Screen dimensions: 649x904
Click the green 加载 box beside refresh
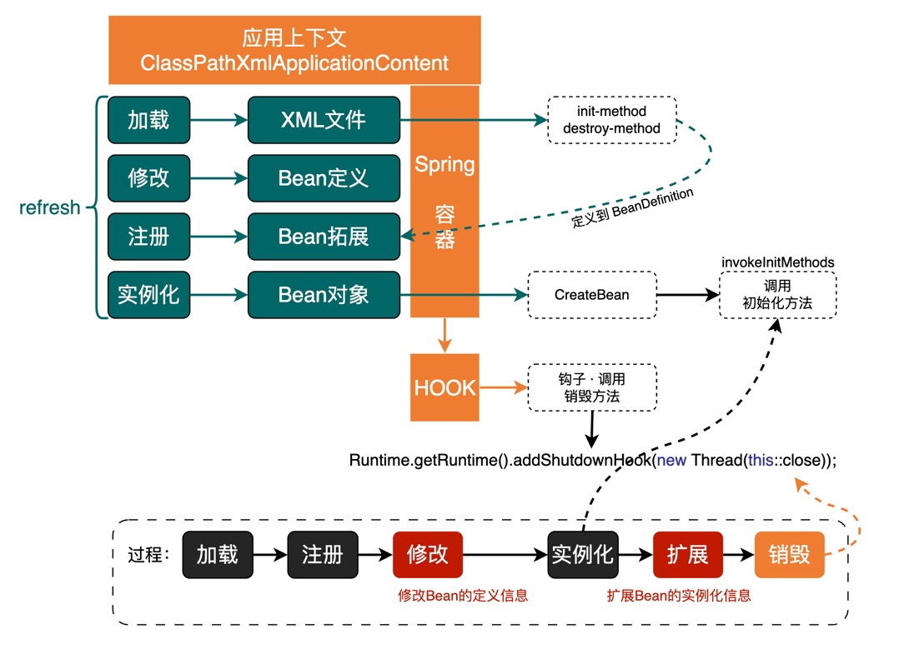148,120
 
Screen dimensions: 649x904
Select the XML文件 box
324,120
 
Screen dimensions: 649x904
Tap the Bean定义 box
324,178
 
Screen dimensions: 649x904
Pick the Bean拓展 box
324,237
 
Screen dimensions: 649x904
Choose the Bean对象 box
324,295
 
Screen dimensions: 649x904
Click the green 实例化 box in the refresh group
148,295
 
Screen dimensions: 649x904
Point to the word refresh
49,207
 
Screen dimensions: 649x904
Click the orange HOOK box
444,387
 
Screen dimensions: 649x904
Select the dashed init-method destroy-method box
611,120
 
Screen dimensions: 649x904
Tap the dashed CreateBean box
592,295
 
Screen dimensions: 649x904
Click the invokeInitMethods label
777,262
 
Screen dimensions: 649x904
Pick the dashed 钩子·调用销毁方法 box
592,387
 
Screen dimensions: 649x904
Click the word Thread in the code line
716,460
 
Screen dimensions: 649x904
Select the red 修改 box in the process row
428,554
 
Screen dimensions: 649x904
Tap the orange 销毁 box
789,554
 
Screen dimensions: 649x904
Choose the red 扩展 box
687,554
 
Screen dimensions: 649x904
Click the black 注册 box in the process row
323,554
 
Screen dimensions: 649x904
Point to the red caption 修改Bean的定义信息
463,596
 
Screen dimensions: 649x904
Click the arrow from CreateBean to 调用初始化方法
688,295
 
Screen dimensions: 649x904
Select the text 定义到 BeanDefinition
632,209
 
